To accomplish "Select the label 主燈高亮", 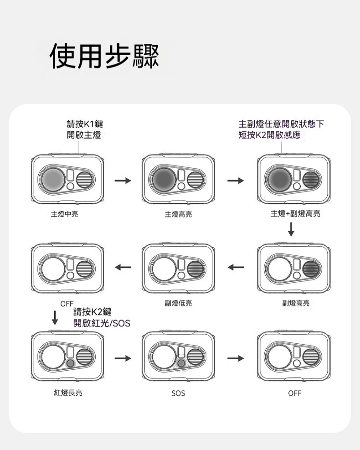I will click(178, 213).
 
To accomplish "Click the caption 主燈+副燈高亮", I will click(295, 213).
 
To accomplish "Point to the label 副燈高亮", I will click(295, 303).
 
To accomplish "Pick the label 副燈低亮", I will click(178, 303).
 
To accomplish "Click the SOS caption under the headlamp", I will click(178, 393).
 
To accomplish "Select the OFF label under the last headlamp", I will click(295, 393).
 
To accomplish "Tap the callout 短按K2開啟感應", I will click(269, 135).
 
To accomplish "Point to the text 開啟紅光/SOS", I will click(102, 323).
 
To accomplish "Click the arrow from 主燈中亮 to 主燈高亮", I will click(123, 181).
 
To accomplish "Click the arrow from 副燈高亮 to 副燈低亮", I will click(236, 267).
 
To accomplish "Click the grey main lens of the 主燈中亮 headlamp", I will click(55, 179).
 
